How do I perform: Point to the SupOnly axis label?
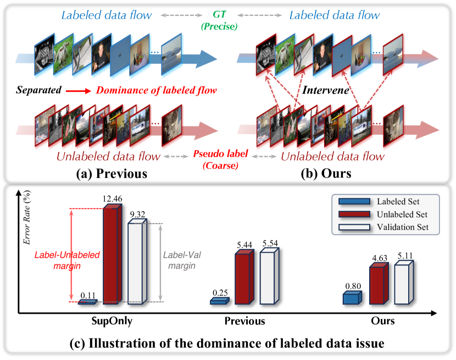[x=116, y=321]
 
